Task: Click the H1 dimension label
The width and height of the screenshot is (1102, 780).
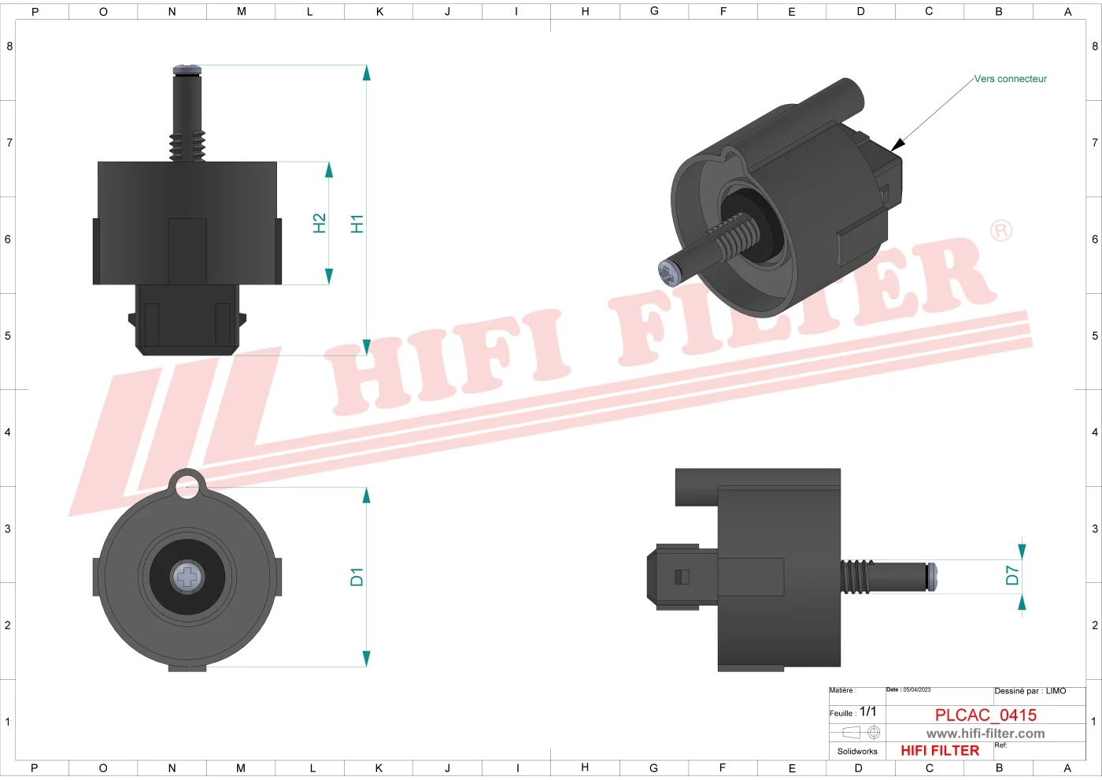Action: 357,224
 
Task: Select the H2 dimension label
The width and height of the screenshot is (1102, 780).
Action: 320,223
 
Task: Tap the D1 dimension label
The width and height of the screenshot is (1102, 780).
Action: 357,577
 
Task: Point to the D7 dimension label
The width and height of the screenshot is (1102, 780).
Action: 1012,575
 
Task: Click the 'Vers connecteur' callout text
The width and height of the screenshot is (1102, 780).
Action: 1011,79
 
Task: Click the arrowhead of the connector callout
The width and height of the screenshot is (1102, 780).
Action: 897,144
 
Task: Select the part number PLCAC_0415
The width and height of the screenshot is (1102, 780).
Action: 986,715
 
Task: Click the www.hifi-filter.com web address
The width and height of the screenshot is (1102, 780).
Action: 986,734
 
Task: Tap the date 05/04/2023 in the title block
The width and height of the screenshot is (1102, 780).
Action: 916,690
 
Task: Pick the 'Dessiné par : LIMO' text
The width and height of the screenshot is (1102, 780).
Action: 1030,691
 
